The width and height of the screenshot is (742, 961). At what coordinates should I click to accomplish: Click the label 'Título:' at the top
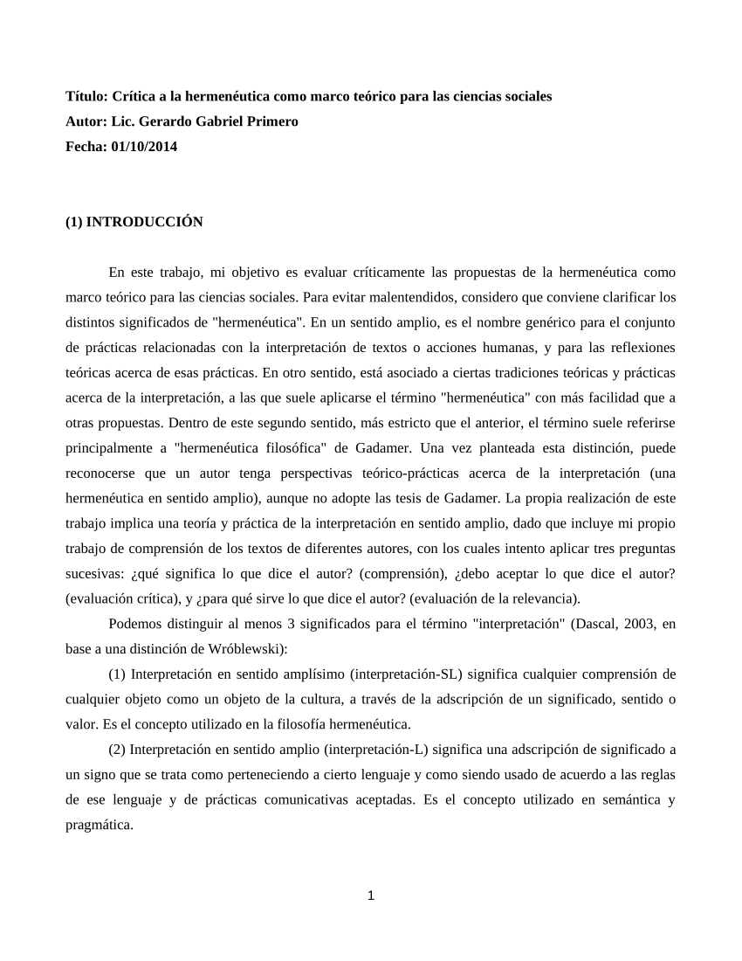click(x=87, y=96)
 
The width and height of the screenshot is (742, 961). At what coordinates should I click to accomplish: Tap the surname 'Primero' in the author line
click(x=271, y=121)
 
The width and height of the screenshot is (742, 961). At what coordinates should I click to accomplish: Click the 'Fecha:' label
click(x=86, y=147)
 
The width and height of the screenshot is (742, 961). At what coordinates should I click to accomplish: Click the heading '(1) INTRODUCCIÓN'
click(x=134, y=222)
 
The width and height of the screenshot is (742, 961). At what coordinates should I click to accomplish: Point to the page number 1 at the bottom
click(x=371, y=895)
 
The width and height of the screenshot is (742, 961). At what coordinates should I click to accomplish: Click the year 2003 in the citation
click(x=634, y=624)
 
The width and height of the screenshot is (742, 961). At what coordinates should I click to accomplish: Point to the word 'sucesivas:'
click(x=96, y=574)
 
